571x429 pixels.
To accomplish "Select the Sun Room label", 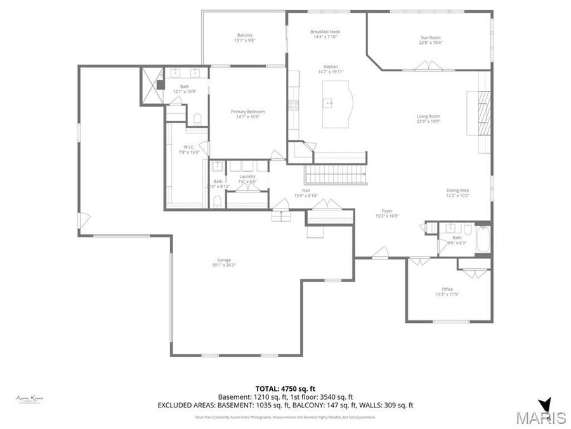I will tap(430, 40).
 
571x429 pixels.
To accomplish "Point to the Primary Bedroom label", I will tap(247, 114).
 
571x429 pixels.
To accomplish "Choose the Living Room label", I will tap(428, 119).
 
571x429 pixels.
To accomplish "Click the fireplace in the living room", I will tap(483, 113).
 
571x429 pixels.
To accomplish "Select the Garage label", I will tap(223, 262).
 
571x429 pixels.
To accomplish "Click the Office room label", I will tap(447, 292).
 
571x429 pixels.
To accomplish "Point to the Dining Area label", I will tap(457, 192).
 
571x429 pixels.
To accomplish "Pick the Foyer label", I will tap(387, 213).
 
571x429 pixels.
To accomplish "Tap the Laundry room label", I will tap(247, 179).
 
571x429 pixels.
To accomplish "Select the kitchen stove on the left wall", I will tap(294, 106).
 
